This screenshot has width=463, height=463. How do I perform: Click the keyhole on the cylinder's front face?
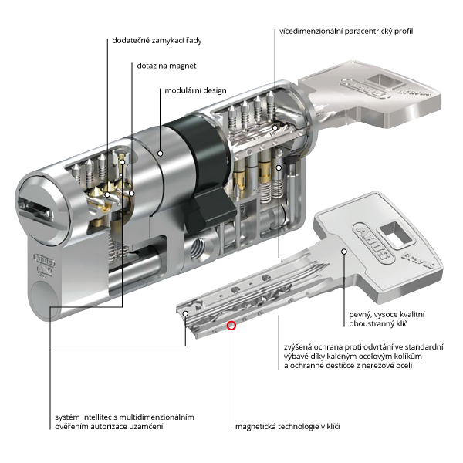pyautogui.click(x=35, y=207)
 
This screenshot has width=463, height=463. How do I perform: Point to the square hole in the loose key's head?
pyautogui.click(x=395, y=229)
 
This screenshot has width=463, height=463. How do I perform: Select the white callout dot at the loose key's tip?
pyautogui.click(x=186, y=314)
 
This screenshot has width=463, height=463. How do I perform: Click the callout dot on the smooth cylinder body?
pyautogui.click(x=160, y=154)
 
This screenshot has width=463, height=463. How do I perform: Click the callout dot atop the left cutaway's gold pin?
pyautogui.click(x=122, y=163)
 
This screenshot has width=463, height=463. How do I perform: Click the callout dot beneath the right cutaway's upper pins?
pyautogui.click(x=275, y=127)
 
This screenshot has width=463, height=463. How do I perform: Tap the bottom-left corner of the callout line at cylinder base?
pyautogui.click(x=51, y=319)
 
